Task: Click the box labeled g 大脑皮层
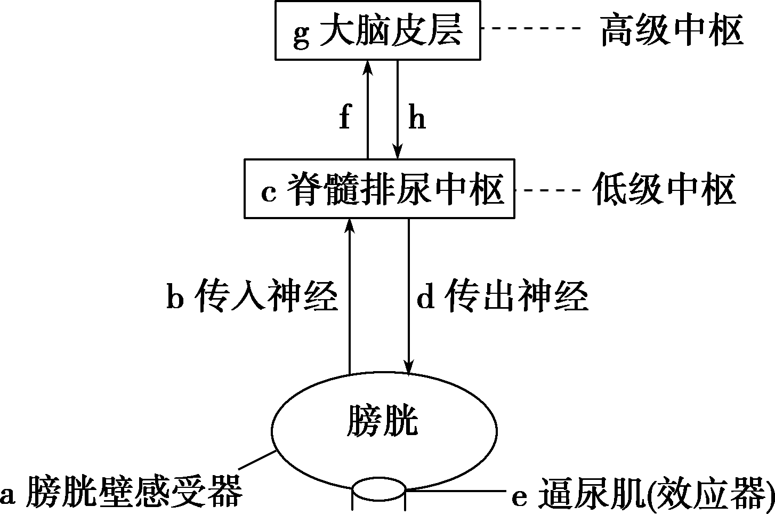coord(377,30)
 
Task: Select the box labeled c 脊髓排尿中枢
coord(379,188)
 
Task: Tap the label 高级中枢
coord(671,30)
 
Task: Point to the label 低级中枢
coord(664,189)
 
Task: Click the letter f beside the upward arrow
coord(345,117)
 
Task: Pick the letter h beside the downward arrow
coord(417,117)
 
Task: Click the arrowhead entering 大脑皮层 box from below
coord(367,66)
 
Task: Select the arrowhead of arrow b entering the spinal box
coord(350,225)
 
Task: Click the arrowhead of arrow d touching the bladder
coord(409,368)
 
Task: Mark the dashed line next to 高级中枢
coord(536,27)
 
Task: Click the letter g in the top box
coord(301,34)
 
